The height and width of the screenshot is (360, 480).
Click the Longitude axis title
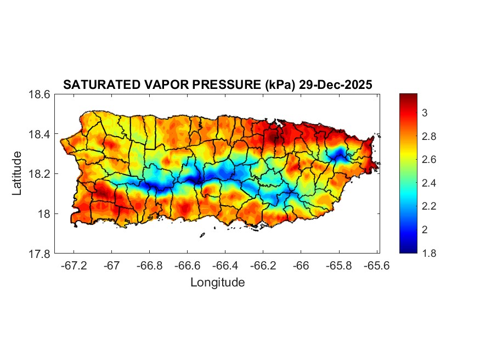tap(217, 283)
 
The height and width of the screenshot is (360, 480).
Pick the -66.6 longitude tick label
tap(187, 265)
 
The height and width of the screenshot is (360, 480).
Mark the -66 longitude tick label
tap(301, 265)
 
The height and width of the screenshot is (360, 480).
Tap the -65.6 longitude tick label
tap(376, 265)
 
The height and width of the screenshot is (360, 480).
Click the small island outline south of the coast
tap(202, 235)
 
